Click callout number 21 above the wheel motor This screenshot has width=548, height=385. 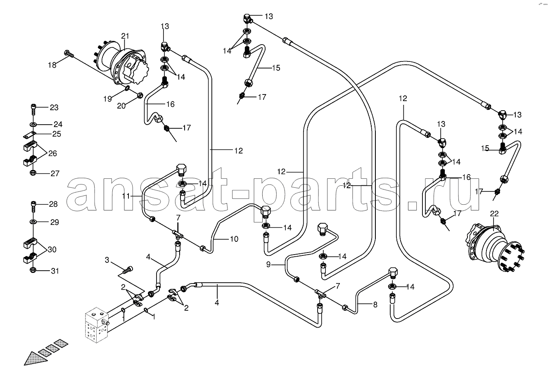(125, 36)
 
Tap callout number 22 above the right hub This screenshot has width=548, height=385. (494, 214)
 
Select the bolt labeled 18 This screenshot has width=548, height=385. (69, 54)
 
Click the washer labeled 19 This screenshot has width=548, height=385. (127, 88)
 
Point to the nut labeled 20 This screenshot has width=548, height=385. (140, 95)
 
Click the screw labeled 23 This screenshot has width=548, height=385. (33, 110)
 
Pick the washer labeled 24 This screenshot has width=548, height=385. (33, 125)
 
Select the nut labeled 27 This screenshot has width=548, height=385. (33, 173)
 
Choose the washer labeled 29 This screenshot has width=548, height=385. (33, 222)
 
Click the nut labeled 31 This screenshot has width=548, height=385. (33, 270)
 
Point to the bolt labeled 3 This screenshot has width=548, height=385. (128, 270)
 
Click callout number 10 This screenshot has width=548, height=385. (234, 239)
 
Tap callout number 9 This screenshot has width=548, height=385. (268, 265)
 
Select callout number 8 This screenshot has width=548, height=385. (375, 305)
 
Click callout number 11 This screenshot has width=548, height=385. (126, 196)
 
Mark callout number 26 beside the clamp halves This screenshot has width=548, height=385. (52, 154)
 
